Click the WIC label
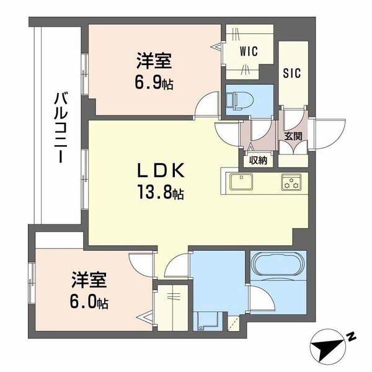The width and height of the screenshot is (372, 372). pos(249,51)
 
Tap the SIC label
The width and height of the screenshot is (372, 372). pos(292,73)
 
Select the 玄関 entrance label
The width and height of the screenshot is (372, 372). pos(293,136)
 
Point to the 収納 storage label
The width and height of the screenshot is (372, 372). pos(258,161)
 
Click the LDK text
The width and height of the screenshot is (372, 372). pos(161,171)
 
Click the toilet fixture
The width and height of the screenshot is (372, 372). pos(239,100)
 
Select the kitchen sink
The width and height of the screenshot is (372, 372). pos(242,181)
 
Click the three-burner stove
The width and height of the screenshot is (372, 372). pos(291,182)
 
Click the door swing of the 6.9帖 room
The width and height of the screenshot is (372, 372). pos(207,104)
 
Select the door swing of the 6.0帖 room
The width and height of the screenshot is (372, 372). pos(141,265)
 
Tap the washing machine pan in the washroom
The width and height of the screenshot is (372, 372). pos(205,321)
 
